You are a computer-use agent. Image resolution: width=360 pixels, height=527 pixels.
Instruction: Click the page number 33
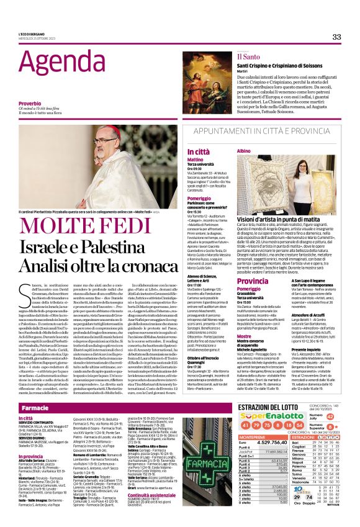point(336,37)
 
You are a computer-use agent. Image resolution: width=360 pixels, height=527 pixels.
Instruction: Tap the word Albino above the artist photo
point(245,151)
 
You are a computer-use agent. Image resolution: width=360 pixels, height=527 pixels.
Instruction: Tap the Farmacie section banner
point(35,409)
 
